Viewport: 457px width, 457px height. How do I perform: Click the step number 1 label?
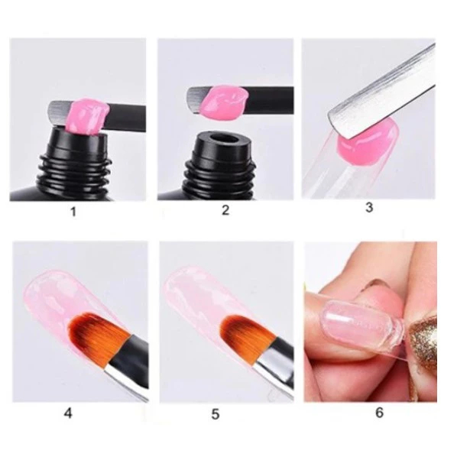(x=73, y=212)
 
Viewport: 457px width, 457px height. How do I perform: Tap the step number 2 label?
(x=225, y=210)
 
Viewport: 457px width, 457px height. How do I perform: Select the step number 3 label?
(x=369, y=208)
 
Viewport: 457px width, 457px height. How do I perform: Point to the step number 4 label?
(x=68, y=413)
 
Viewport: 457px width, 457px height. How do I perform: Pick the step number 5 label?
(x=216, y=414)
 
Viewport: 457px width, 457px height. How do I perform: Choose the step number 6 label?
(x=379, y=413)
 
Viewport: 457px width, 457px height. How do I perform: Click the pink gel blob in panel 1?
(x=87, y=115)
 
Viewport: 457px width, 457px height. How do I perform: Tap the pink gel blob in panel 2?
(x=225, y=103)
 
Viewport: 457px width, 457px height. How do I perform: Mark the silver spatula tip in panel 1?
(x=59, y=112)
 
